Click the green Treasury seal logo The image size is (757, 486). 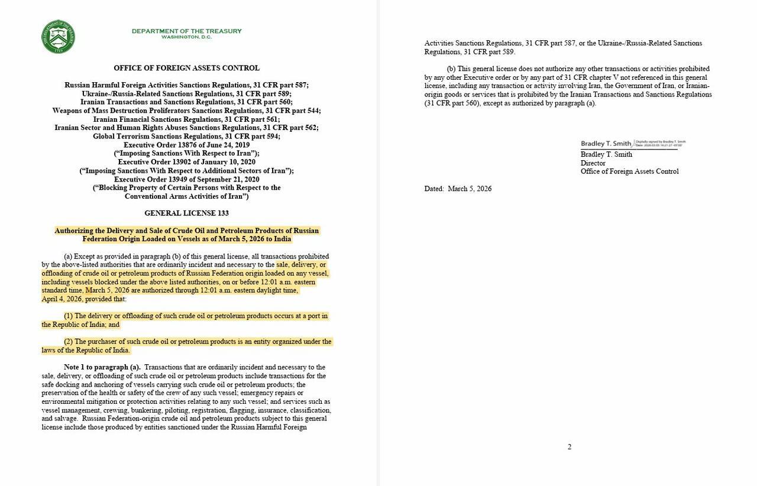[58, 37]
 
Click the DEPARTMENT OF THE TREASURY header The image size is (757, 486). [186, 31]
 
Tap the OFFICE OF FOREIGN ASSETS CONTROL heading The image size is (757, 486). [186, 68]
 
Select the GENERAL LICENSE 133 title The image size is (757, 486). [186, 213]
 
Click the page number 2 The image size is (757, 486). [570, 447]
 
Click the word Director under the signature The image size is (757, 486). [593, 163]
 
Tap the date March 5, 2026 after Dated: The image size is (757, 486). [470, 189]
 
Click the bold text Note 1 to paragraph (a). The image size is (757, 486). [102, 367]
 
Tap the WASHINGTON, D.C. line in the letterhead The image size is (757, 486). [186, 37]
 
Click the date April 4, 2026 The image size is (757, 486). [61, 299]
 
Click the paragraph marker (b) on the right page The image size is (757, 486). [451, 69]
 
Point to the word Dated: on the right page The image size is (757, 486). [434, 189]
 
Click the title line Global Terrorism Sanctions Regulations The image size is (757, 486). [186, 137]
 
